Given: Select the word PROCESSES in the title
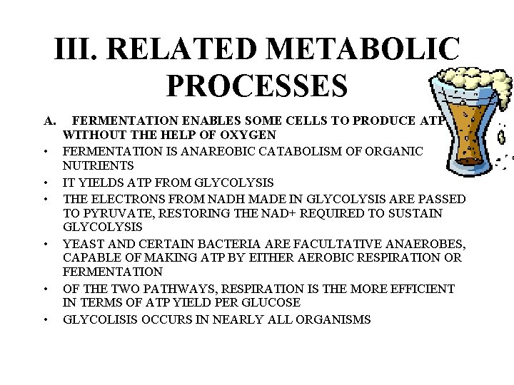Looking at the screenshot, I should pos(257,84).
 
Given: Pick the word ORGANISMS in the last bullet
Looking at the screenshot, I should pos(332,319).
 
